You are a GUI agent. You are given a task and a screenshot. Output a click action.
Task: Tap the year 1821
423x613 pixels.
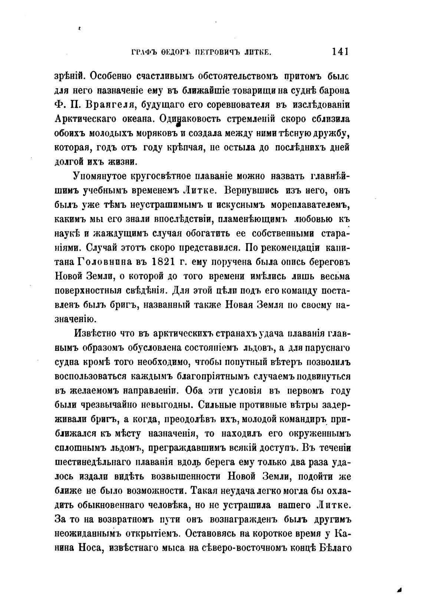coord(164,262)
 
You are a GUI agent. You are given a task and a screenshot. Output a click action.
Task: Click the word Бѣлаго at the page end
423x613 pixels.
coord(335,548)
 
